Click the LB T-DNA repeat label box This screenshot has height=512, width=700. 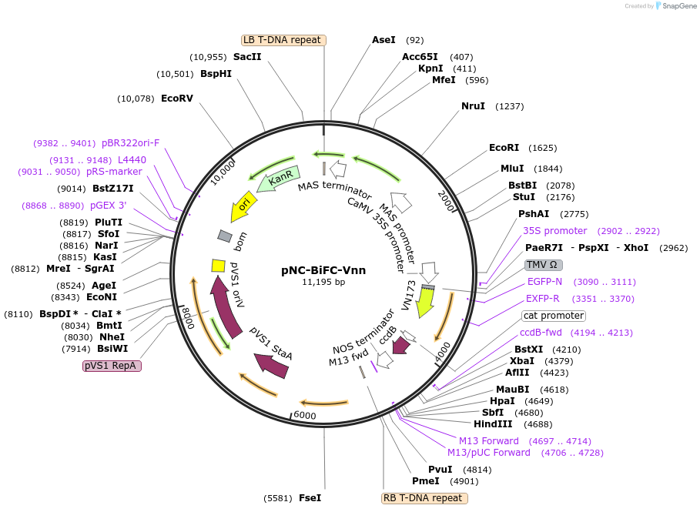click(283, 40)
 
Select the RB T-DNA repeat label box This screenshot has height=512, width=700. click(424, 498)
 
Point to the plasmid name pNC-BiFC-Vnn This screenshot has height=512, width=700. click(323, 270)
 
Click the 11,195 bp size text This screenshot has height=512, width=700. click(323, 283)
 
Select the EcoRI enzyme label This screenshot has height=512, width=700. click(504, 148)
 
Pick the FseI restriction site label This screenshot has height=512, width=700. click(310, 498)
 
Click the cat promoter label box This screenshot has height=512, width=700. click(553, 316)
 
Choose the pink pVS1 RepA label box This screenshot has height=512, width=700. click(112, 366)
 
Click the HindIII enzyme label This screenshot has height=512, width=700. click(493, 424)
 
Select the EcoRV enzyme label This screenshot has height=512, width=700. click(177, 99)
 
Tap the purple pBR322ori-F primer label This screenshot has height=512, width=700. click(131, 142)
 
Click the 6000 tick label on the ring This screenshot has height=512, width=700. click(305, 415)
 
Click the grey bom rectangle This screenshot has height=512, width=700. click(225, 235)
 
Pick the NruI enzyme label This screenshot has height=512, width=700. click(473, 106)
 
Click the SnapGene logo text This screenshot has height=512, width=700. click(676, 6)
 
